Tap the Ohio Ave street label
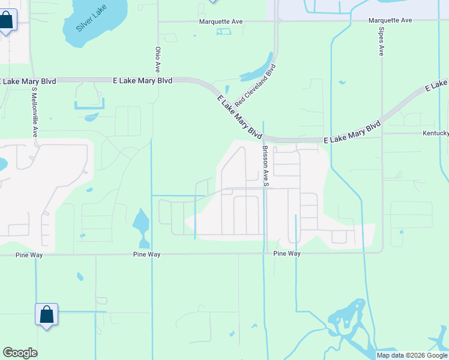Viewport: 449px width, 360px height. (158, 59)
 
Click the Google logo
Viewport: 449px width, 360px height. (20, 353)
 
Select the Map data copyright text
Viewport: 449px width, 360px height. (412, 355)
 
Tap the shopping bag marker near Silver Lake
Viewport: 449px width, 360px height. (6, 21)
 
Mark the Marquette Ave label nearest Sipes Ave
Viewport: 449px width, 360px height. (390, 20)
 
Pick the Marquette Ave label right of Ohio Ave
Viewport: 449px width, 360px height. (221, 22)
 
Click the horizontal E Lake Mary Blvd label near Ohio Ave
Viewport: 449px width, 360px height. (142, 80)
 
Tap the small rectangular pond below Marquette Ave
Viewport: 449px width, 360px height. (223, 31)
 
